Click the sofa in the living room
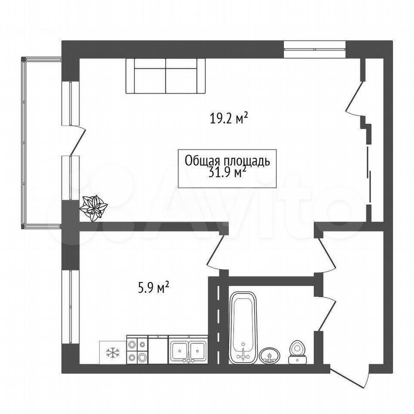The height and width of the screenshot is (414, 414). tap(166, 76)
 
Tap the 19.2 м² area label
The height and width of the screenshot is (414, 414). tap(229, 119)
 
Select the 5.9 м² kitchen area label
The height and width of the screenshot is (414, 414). tap(154, 288)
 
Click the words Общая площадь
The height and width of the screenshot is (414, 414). tap(227, 161)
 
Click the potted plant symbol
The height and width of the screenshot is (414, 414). tap(94, 208)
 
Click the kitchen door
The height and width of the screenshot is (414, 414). tap(215, 251)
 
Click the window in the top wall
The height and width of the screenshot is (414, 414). tap(315, 49)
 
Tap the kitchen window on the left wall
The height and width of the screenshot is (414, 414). tap(70, 307)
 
